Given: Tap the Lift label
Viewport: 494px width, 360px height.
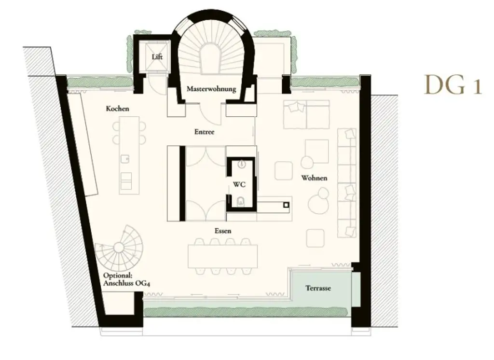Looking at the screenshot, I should (x=157, y=57).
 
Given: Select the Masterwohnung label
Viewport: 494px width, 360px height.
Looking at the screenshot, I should (x=211, y=89).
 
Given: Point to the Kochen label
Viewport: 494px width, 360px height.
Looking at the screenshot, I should (x=118, y=109).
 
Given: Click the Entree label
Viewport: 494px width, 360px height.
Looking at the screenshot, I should (x=204, y=132).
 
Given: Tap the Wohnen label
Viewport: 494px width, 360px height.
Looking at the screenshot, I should (x=314, y=178).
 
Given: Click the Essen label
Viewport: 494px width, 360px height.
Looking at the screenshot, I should (x=223, y=231).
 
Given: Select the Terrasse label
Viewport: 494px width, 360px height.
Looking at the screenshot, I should (x=318, y=289).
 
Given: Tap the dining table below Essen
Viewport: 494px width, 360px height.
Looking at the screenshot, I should (x=222, y=256).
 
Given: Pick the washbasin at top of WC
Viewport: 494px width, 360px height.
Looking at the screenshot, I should (x=241, y=164).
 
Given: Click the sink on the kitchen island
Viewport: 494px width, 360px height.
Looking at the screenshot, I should (x=126, y=157).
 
